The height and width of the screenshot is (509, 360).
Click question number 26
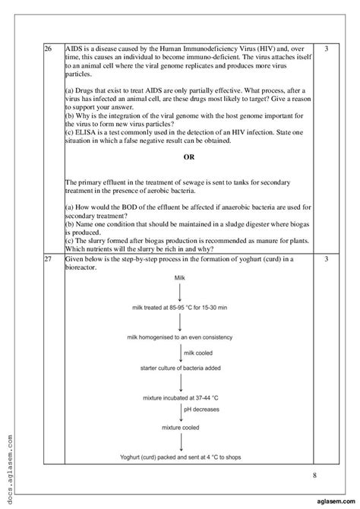(x=49, y=49)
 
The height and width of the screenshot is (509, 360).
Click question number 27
(x=49, y=260)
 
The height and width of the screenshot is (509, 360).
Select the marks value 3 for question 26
(x=326, y=49)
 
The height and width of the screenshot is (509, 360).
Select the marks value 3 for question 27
(x=326, y=260)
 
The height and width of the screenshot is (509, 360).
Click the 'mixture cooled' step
(x=179, y=428)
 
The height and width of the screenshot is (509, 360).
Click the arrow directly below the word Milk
(x=179, y=292)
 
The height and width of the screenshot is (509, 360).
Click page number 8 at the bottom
(x=314, y=476)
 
